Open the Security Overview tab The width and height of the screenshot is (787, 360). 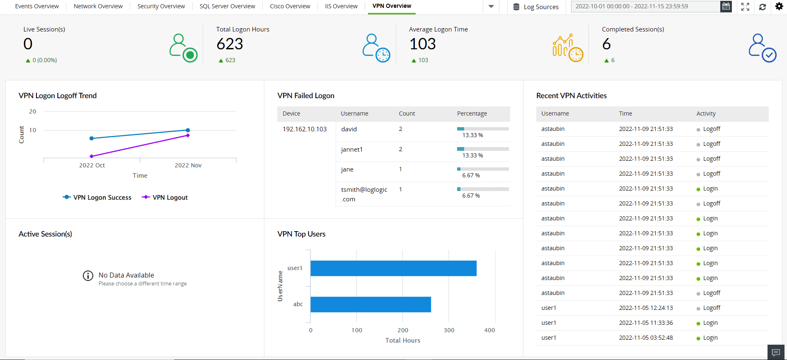coord(161,6)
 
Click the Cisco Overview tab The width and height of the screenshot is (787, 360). coord(290,6)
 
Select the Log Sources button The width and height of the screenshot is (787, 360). coord(536,7)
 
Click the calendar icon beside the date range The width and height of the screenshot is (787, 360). coord(726,6)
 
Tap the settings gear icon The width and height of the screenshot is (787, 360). coord(779,6)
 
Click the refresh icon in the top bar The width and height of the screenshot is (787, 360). coord(762,7)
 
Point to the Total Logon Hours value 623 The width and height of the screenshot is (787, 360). coord(230,44)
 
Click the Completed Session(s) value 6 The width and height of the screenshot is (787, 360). coord(606,44)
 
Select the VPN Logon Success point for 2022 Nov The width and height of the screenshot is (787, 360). coord(188,130)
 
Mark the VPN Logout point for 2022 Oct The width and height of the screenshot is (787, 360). coord(92,156)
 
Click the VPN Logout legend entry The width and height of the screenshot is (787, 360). coord(165,198)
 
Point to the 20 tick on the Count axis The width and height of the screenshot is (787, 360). coord(33,111)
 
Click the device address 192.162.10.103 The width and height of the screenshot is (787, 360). coord(305,129)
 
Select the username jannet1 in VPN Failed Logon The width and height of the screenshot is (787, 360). coord(351,150)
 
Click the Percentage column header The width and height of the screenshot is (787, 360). coord(472,114)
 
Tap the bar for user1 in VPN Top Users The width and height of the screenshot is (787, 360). coord(393,268)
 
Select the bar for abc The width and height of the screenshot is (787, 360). coord(370,304)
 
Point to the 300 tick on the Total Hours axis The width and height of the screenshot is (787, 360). coord(449,330)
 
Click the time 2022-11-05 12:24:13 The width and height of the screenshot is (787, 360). coord(646,308)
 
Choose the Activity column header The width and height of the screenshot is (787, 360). coord(706,114)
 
